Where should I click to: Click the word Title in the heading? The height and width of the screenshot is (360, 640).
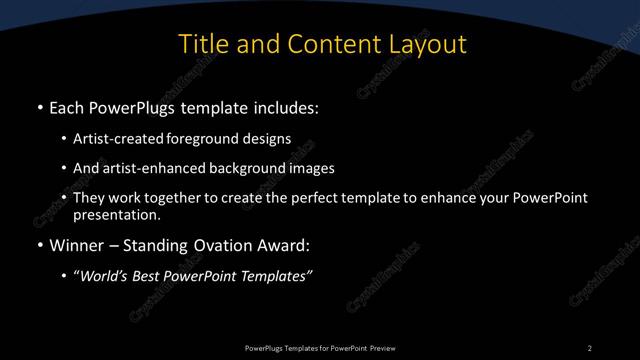tap(201, 45)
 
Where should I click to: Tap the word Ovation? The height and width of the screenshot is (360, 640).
tap(226, 244)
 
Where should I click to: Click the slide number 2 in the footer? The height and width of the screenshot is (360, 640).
tap(589, 347)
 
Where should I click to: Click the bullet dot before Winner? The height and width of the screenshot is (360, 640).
tap(39, 245)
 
